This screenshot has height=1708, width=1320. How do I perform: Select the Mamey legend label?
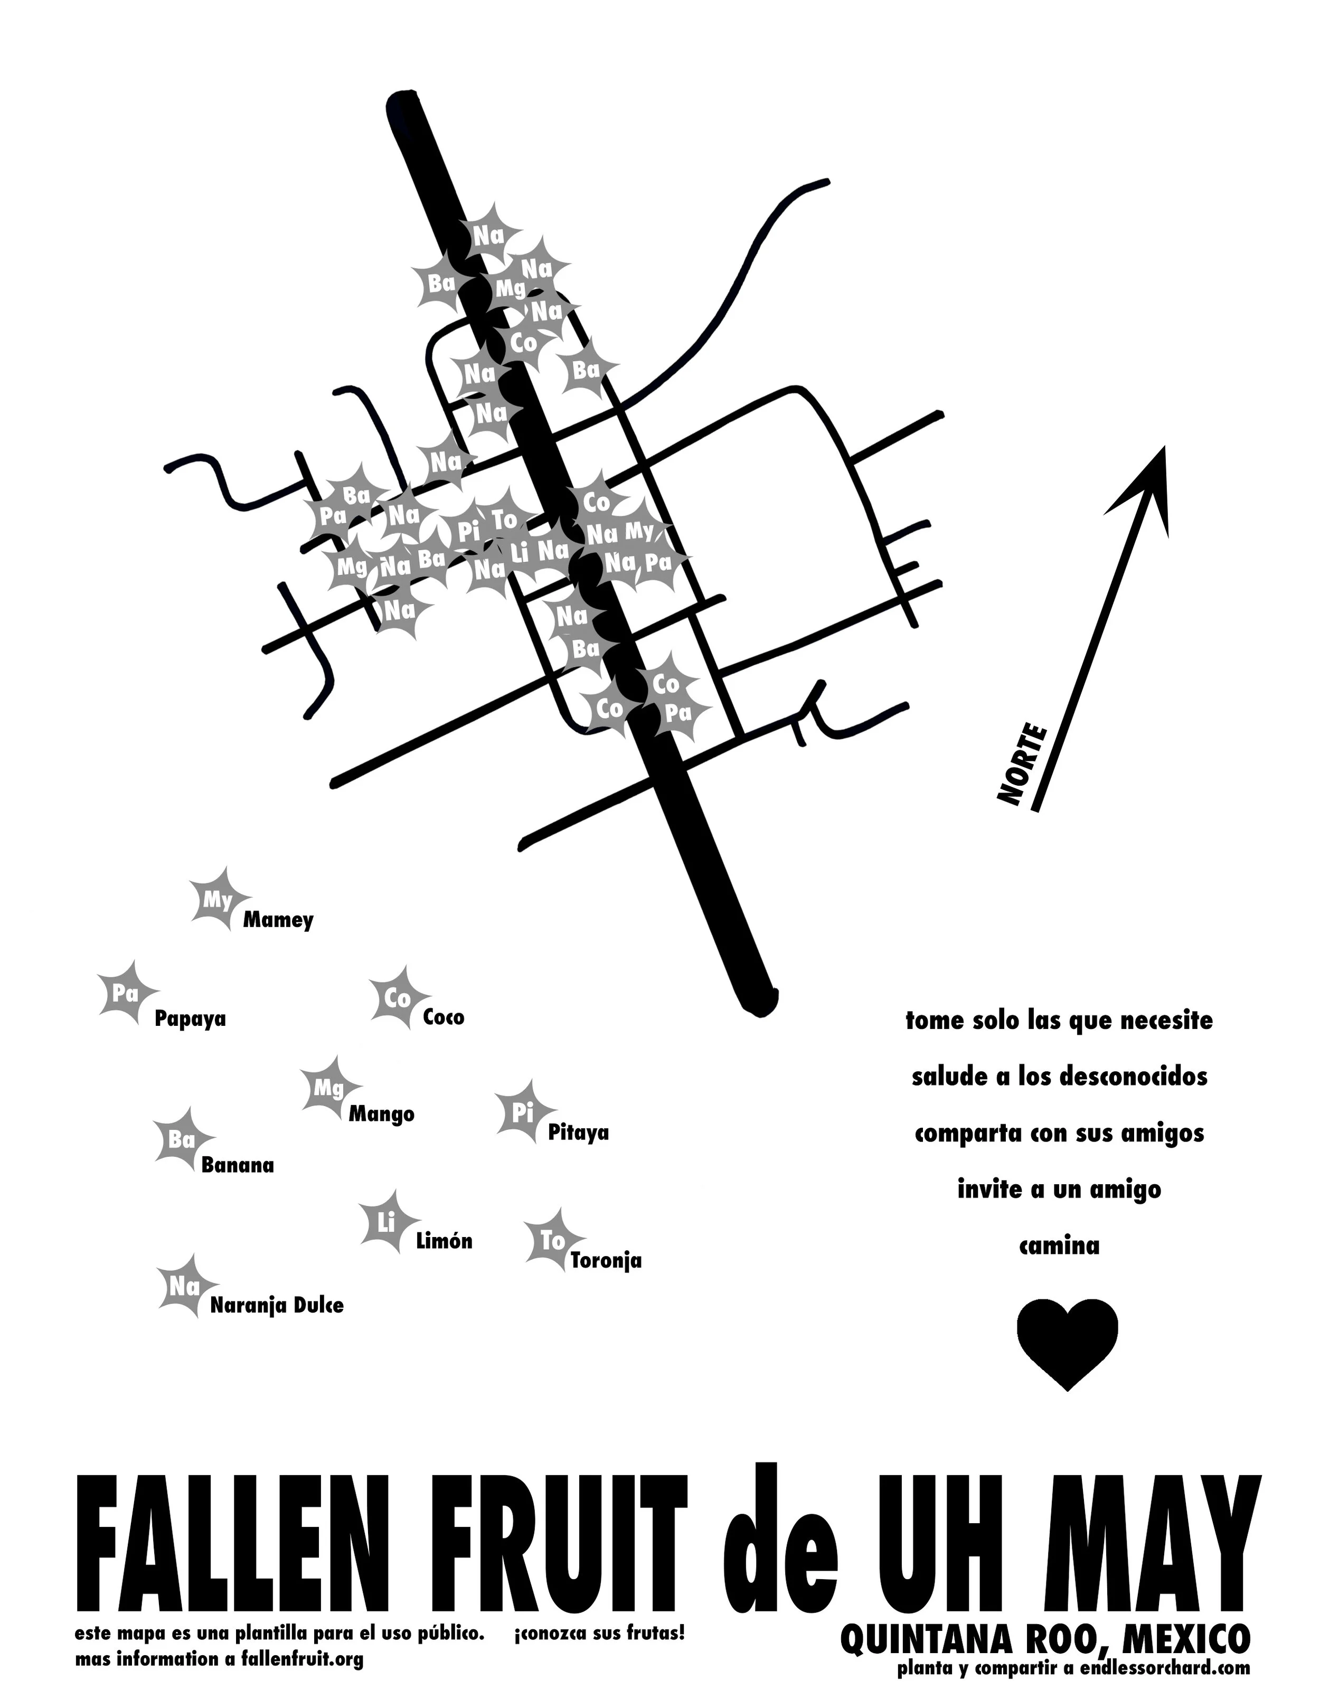tap(278, 920)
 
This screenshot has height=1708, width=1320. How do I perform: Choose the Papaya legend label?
tap(190, 1019)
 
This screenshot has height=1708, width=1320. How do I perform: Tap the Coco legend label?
tap(444, 1017)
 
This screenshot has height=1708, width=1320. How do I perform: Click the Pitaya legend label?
tap(578, 1133)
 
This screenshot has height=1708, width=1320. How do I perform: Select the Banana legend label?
tap(238, 1165)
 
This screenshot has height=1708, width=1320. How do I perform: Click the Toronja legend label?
tap(606, 1261)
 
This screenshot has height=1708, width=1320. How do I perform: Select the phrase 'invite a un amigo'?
tap(1059, 1190)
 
